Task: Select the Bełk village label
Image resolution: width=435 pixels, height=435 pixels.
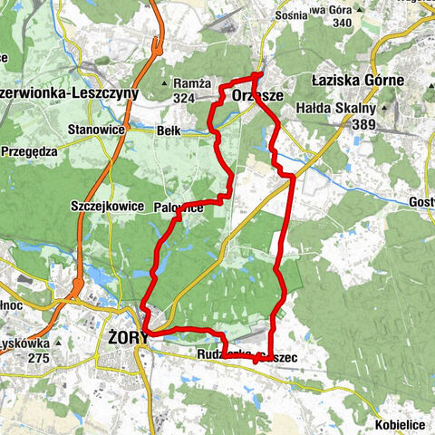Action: point(169,130)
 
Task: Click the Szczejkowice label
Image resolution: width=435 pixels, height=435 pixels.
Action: point(107,207)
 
